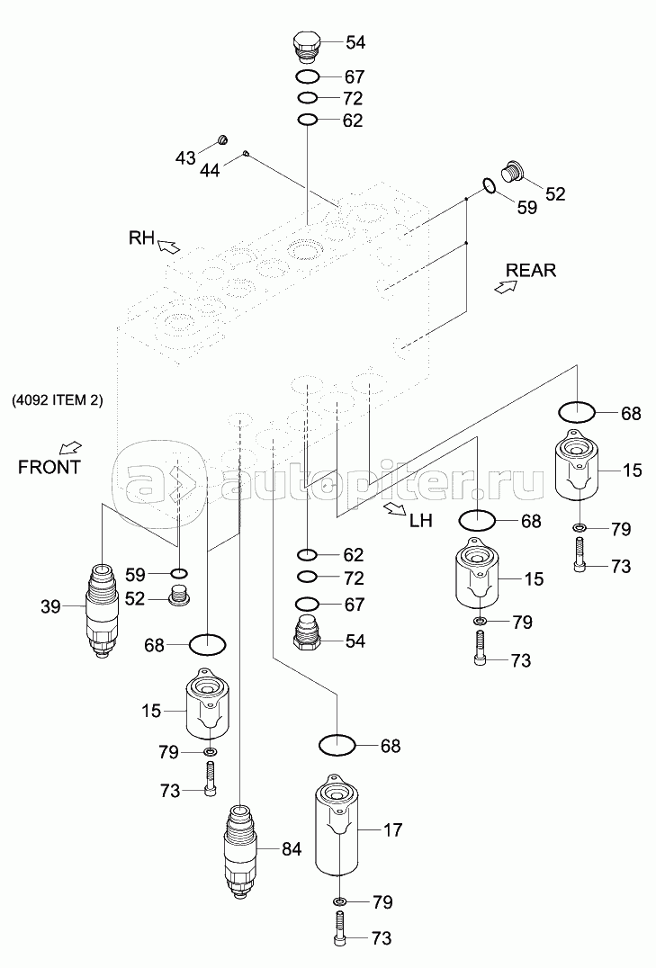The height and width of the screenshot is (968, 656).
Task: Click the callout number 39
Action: click(49, 607)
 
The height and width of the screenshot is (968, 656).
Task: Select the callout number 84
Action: click(293, 847)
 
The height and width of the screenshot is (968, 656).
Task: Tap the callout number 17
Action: click(393, 830)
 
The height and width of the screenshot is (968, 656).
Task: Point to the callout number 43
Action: click(184, 158)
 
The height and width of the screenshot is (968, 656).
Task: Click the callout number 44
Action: click(209, 169)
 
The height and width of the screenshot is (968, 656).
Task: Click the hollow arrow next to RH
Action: click(170, 244)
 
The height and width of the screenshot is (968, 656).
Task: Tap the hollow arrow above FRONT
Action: click(70, 447)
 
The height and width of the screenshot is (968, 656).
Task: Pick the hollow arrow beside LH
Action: click(394, 510)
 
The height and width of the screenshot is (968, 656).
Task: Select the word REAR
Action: click(531, 270)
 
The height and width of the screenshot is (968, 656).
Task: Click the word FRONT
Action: click(49, 467)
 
